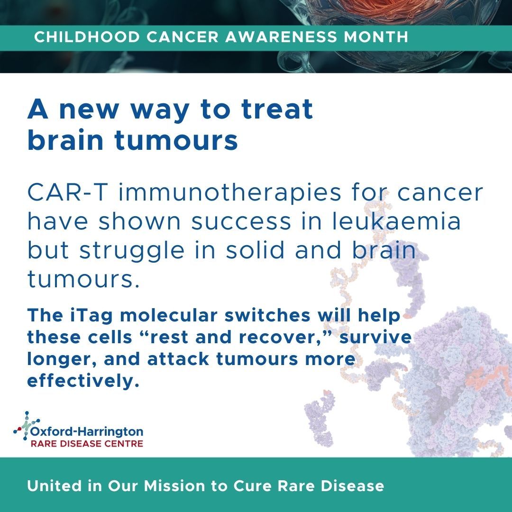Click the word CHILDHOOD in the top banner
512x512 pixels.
point(87,37)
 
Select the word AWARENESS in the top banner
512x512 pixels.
point(281,37)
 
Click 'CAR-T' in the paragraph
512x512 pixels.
point(68,192)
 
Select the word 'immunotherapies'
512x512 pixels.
point(229,192)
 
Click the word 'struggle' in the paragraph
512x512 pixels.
point(132,251)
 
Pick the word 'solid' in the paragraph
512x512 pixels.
point(255,250)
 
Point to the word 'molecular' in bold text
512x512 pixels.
point(168,315)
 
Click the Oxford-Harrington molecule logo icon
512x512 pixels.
point(26,425)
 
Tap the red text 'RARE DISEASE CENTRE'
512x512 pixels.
point(87,443)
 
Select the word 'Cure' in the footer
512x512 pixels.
point(252,486)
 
